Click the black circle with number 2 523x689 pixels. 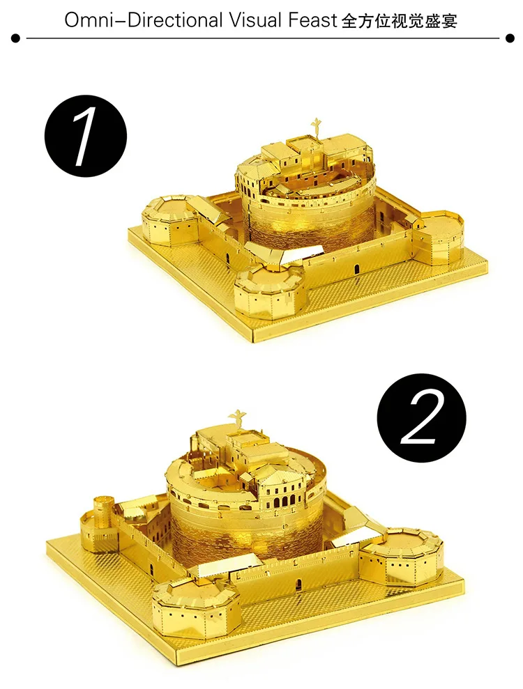point(421,416)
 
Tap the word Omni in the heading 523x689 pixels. point(84,20)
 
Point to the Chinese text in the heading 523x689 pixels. point(400,20)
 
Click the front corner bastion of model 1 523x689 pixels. point(268,290)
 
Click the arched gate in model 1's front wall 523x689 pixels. point(356,269)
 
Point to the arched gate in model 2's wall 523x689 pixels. point(297,584)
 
